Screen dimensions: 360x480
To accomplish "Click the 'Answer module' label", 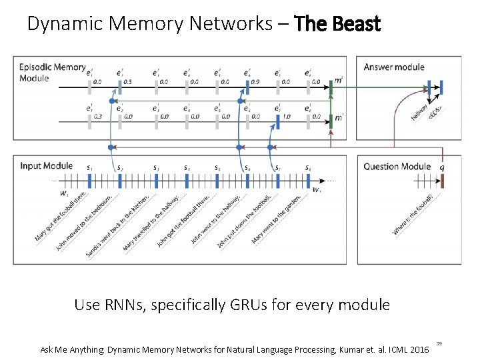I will (394, 67).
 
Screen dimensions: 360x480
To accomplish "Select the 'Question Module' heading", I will (397, 166).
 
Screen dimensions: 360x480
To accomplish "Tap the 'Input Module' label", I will (46, 165).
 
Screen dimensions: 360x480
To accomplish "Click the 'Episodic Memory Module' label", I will (52, 72).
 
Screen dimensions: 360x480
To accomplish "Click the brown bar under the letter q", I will (441, 181).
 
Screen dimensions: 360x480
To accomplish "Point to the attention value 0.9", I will (254, 81).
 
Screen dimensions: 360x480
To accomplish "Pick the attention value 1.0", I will (287, 116).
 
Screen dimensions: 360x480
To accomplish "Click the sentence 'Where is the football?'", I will (413, 215).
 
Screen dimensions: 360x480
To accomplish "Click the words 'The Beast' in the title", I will (337, 25).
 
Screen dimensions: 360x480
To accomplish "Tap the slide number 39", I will (439, 343).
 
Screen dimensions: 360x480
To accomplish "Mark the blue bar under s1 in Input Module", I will (90, 180).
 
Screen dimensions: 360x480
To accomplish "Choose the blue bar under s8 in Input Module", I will (307, 180).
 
